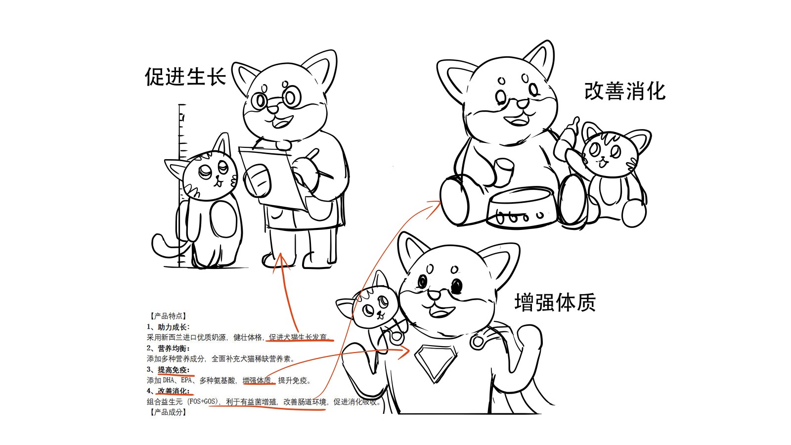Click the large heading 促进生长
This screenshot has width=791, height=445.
[x=185, y=77]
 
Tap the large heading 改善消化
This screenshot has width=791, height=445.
[x=625, y=91]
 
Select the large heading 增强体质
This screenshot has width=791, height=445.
[x=555, y=302]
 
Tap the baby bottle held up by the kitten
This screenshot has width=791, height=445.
[x=566, y=138]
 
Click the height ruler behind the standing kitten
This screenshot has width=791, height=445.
[x=181, y=185]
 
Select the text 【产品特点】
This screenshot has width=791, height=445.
[x=168, y=316]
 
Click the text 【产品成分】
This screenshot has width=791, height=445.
[x=168, y=412]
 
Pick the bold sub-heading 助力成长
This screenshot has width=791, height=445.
[x=174, y=327]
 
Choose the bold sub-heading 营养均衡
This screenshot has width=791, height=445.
[x=174, y=349]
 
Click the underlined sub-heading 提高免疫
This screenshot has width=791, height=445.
[x=174, y=370]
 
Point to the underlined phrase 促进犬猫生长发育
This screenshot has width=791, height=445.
[x=298, y=337]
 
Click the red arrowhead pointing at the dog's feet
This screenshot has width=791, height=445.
[x=281, y=262]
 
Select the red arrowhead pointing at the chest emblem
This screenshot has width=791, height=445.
[x=403, y=352]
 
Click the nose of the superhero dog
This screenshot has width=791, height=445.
[x=434, y=295]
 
